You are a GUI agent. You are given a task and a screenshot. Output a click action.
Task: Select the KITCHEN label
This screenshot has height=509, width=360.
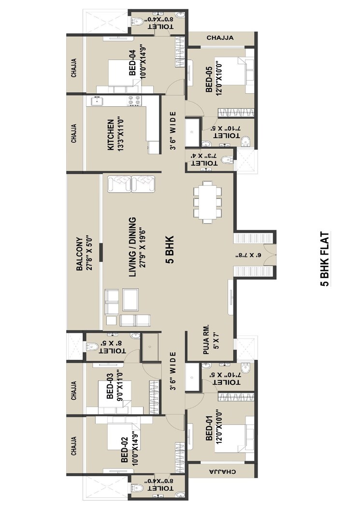[x=111, y=135]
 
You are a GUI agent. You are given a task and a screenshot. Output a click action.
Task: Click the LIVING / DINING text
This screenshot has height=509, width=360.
[x=131, y=246]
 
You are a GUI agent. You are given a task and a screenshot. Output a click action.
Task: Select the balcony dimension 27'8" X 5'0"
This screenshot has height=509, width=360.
[x=89, y=253]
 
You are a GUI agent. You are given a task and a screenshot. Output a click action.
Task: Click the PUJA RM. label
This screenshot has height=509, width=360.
[x=206, y=339]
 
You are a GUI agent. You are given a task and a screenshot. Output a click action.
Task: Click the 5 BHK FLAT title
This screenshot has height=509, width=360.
[x=325, y=260]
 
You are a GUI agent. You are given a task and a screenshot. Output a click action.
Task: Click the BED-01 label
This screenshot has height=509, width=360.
[x=209, y=431]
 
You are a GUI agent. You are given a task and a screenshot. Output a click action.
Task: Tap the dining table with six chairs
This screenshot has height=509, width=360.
[x=207, y=202]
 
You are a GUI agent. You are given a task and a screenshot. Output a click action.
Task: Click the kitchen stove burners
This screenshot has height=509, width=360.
[x=134, y=100]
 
